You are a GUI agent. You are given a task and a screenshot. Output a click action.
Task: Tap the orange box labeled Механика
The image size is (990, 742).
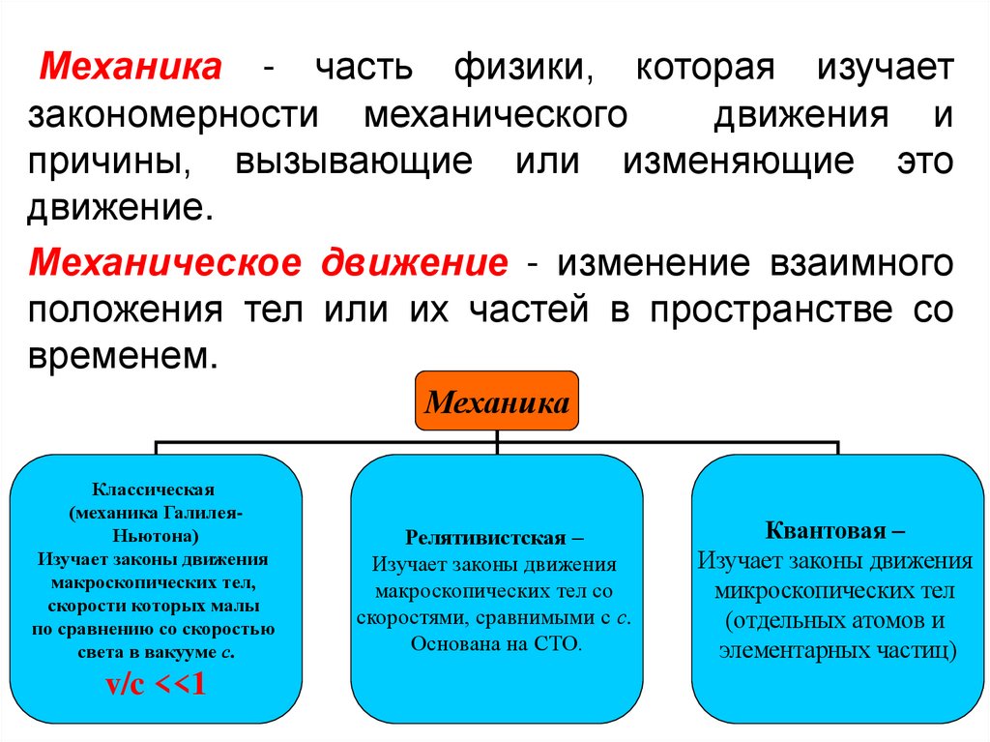(x=497, y=401)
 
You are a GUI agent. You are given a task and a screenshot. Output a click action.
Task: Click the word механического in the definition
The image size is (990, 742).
(x=496, y=115)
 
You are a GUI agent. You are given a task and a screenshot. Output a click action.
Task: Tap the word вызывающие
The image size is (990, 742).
(x=353, y=162)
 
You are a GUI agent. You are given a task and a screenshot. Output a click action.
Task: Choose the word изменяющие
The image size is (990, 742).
(x=739, y=162)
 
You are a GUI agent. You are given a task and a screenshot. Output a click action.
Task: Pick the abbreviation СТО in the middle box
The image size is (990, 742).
(x=555, y=643)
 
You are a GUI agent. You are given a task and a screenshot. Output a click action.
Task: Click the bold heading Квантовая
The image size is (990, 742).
(x=828, y=531)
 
